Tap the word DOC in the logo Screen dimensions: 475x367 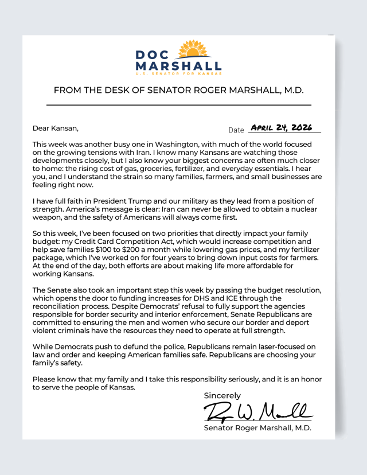pos(153,56)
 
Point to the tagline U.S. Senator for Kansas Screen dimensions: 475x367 pos(178,74)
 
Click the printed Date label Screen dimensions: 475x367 pos(236,130)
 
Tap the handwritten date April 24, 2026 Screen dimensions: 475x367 pos(281,127)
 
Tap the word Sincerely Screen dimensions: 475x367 pos(222,395)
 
